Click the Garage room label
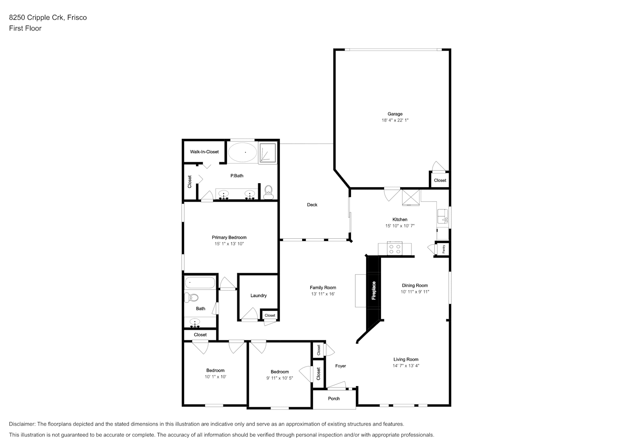pos(395,114)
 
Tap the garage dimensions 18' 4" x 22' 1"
pos(395,120)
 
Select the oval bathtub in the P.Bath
pos(243,152)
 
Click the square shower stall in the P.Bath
pos(268,153)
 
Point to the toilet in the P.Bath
pos(268,192)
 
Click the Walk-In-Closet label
pos(204,152)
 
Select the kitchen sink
pos(443,217)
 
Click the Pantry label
pos(444,249)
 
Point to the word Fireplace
pos(374,290)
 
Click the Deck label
pos(312,205)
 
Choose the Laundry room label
pos(258,296)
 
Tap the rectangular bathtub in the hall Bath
pos(200,283)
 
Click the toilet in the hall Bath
pos(191,297)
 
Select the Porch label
pos(334,399)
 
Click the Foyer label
pos(341,366)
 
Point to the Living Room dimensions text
pos(406,366)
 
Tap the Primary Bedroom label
pos(229,237)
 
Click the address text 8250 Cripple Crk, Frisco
pos(48,17)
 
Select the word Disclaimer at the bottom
pos(22,424)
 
